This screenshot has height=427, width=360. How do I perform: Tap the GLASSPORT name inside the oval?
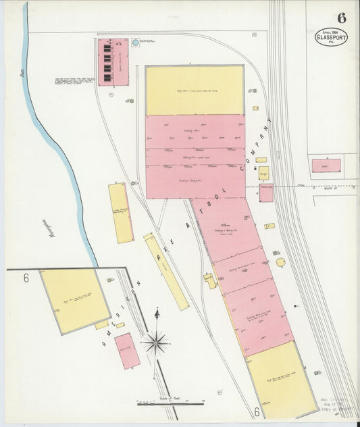click(x=332, y=37)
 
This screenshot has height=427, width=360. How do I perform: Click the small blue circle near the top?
click(x=135, y=43)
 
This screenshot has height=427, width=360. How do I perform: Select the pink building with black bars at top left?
click(x=113, y=61)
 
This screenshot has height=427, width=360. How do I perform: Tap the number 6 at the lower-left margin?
click(x=26, y=278)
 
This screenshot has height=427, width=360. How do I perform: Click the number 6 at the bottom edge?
click(x=257, y=411)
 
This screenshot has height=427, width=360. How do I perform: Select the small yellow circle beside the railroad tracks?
click(x=280, y=262)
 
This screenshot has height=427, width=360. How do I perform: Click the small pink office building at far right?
click(x=326, y=166)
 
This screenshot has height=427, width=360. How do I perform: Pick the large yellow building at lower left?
click(x=75, y=300)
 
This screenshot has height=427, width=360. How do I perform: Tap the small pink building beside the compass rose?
click(x=127, y=350)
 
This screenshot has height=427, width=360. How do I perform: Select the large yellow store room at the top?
click(x=195, y=91)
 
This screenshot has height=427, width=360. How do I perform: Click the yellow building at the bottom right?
click(x=282, y=378)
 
